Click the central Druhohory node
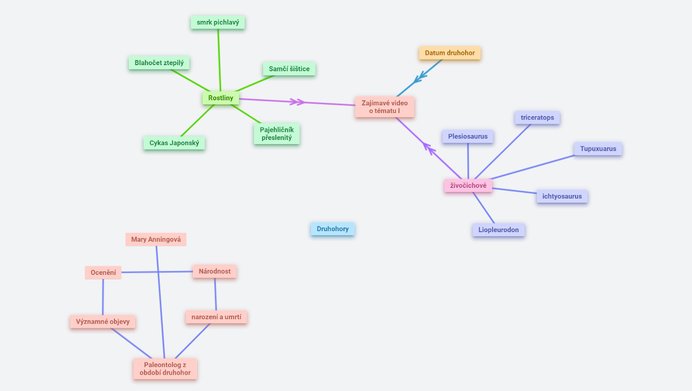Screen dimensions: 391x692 click(x=332, y=229)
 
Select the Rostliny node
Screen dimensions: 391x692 click(x=220, y=98)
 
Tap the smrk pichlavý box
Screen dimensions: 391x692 click(x=218, y=22)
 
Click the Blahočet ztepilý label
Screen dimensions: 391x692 click(x=159, y=63)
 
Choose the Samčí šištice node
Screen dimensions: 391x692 click(x=289, y=69)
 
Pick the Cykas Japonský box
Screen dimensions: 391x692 click(x=174, y=143)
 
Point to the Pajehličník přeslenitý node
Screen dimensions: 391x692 click(x=277, y=133)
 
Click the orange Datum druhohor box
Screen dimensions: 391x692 click(x=450, y=53)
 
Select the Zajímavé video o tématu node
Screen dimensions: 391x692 click(x=385, y=107)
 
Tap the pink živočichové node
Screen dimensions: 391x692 click(x=468, y=186)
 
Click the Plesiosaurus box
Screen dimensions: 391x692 click(x=468, y=136)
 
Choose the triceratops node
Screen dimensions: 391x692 click(x=537, y=118)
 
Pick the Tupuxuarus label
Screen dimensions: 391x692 click(x=598, y=149)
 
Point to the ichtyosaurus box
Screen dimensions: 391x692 click(x=562, y=197)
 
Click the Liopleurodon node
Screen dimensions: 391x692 click(x=498, y=230)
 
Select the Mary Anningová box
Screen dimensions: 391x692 click(x=156, y=239)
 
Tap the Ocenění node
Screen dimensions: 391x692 click(x=103, y=273)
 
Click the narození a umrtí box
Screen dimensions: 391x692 click(x=216, y=317)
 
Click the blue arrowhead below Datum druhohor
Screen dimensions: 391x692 click(x=420, y=78)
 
